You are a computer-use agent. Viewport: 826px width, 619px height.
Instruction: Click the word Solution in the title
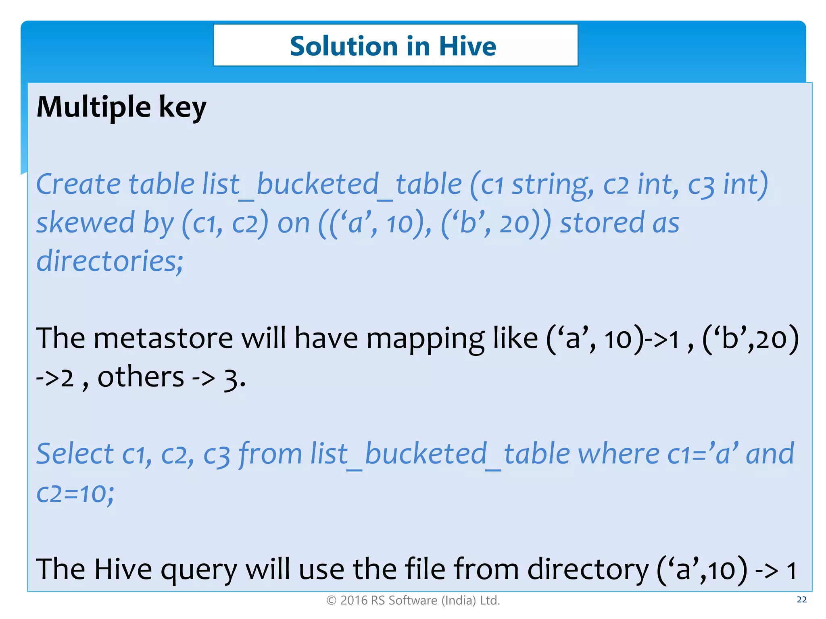click(344, 46)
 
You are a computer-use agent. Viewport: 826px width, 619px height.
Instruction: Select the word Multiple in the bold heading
click(94, 108)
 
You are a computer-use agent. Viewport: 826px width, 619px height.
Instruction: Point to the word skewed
click(85, 223)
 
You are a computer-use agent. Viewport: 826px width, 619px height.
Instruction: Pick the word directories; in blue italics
click(110, 261)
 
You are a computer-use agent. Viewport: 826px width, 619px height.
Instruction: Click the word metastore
click(163, 338)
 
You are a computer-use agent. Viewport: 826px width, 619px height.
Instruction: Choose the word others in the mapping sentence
click(141, 377)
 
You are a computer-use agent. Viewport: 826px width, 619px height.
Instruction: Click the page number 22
click(802, 600)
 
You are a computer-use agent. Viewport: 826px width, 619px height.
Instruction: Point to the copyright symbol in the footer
click(331, 600)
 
